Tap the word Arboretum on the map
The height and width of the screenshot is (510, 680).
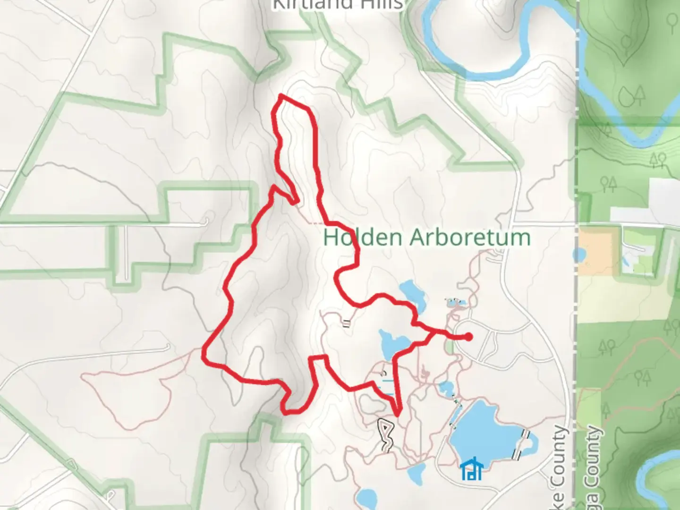(x=470, y=237)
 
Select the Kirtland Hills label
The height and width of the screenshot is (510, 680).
(x=337, y=5)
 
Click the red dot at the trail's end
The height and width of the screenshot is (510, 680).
(x=468, y=337)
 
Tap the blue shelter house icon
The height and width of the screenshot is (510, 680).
(x=472, y=469)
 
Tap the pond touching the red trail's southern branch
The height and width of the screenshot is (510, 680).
(x=391, y=344)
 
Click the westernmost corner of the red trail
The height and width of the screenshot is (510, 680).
(x=204, y=353)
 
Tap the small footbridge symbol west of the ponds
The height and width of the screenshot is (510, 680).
(x=346, y=323)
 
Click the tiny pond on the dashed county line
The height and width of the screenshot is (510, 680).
(x=578, y=255)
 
